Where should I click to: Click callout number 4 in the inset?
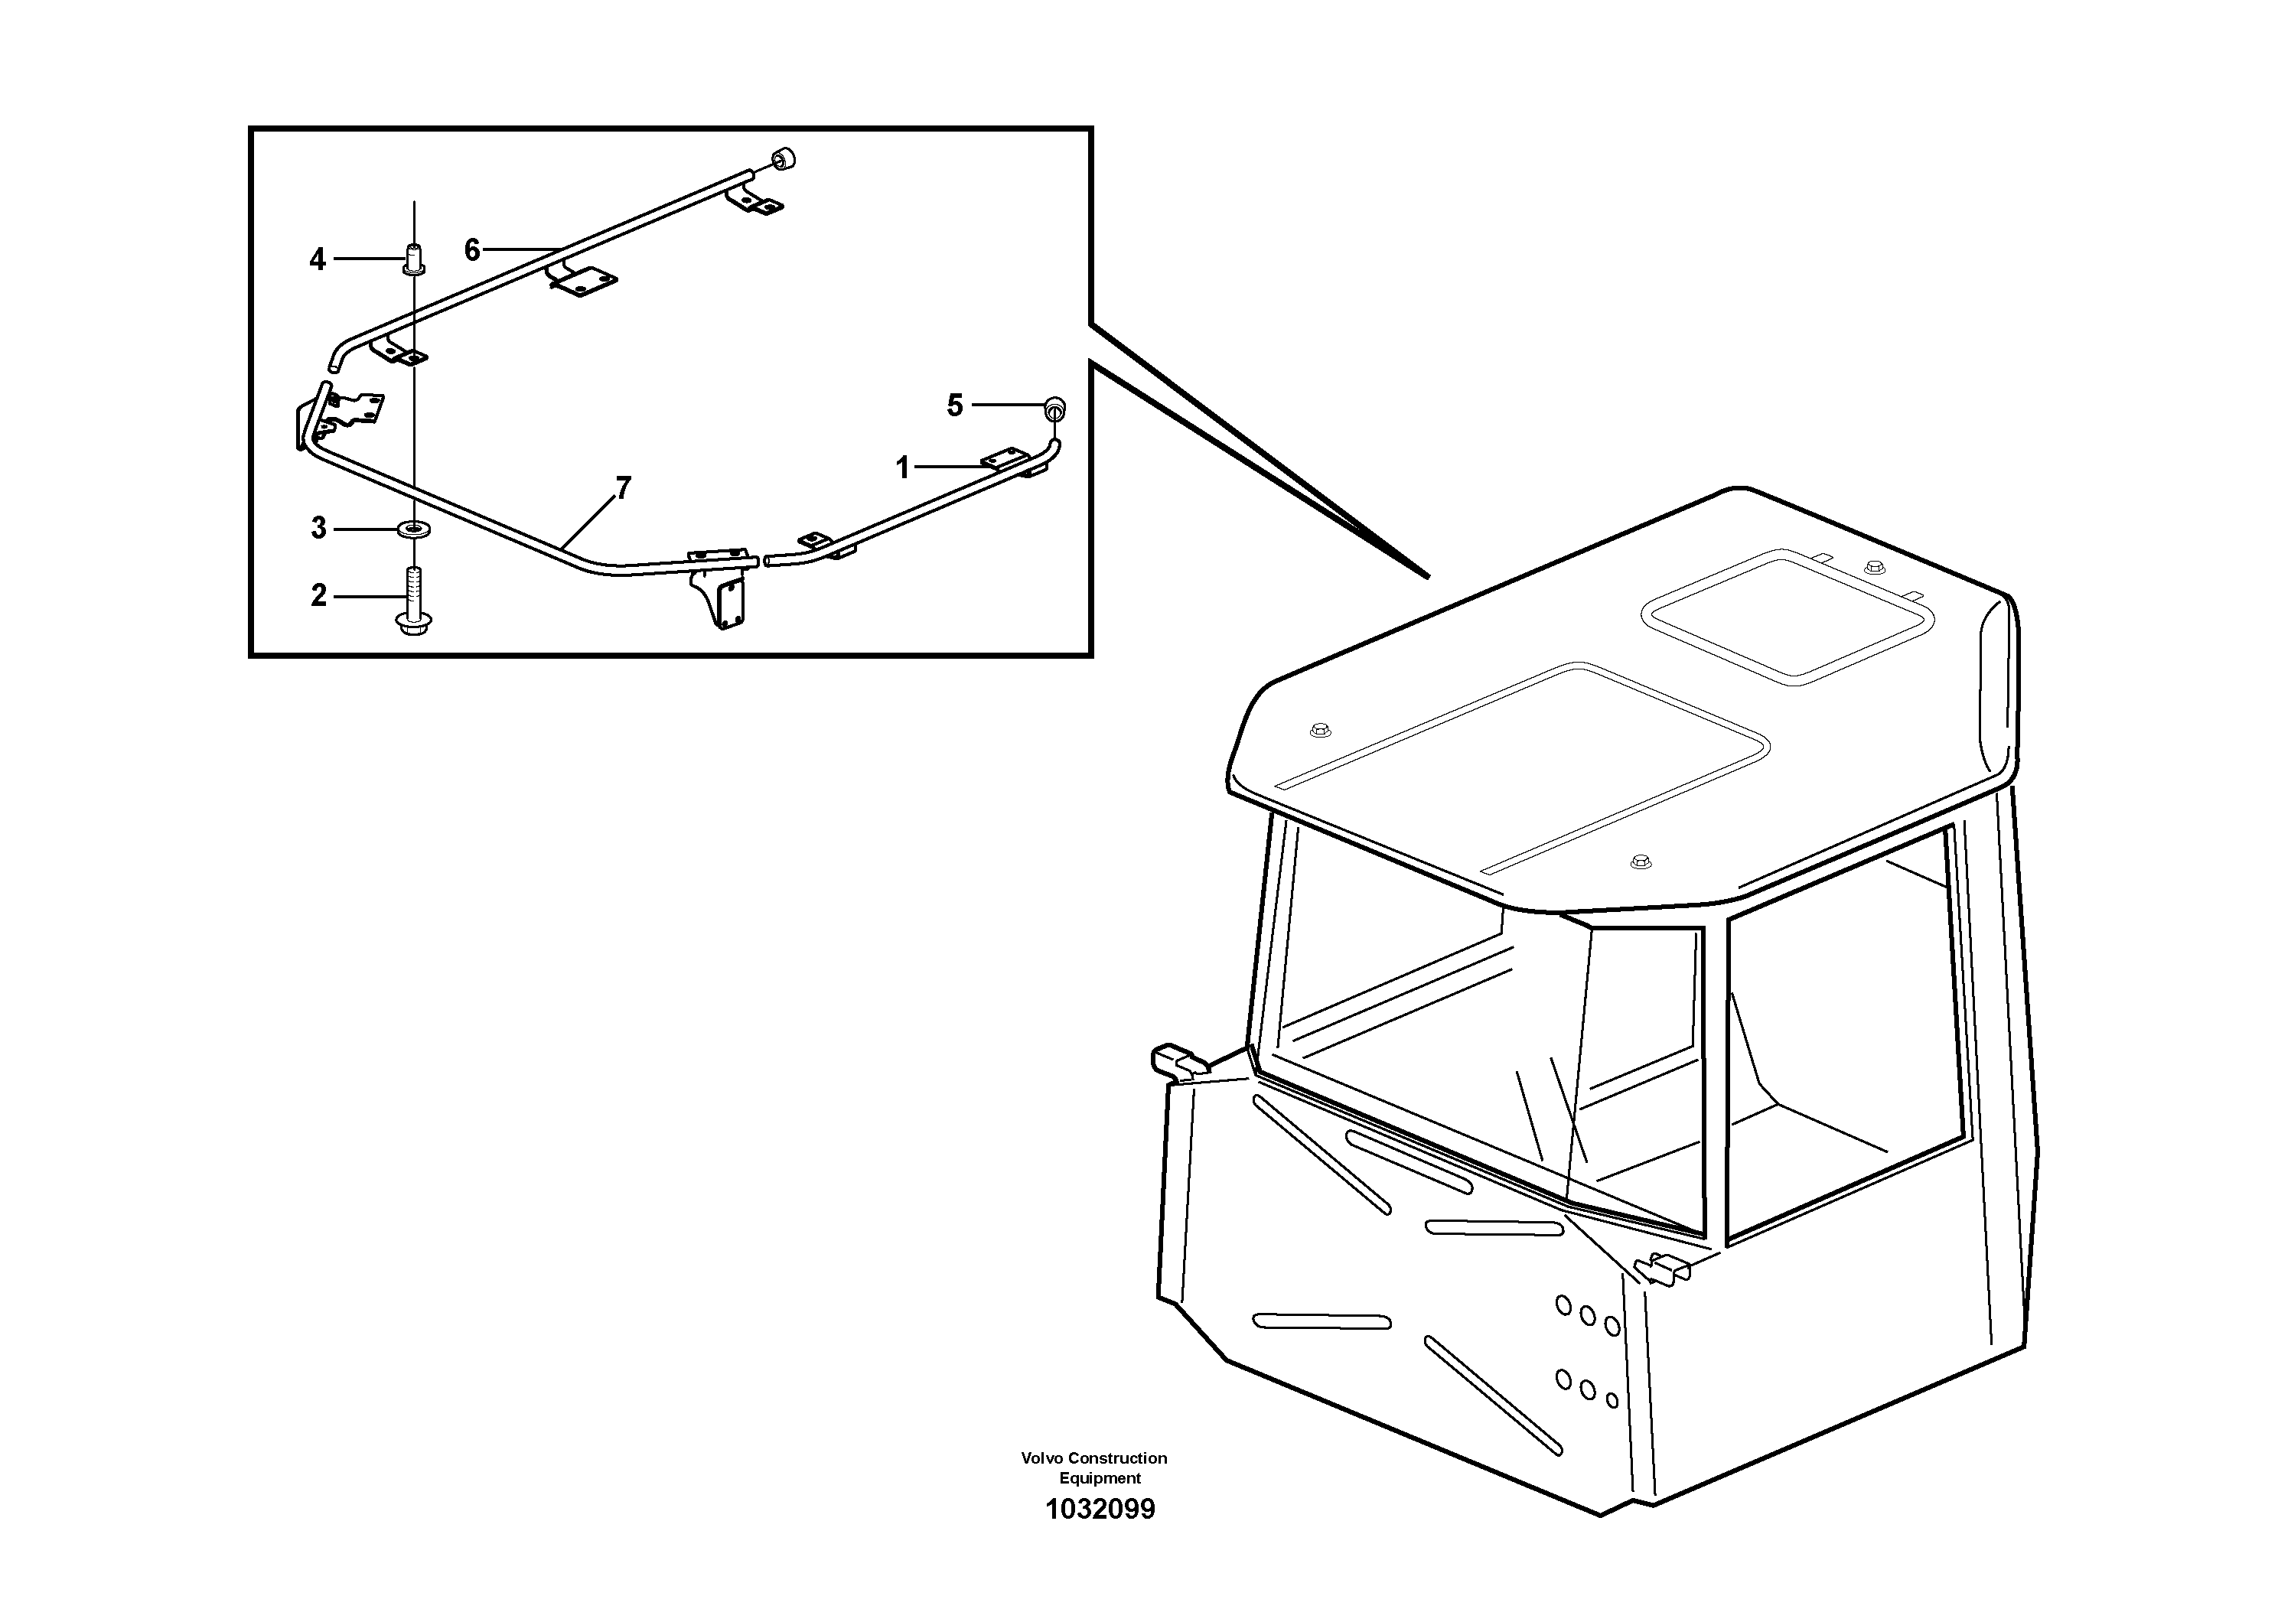[317, 260]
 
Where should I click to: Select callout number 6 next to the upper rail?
[472, 250]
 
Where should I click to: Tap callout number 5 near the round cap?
[954, 405]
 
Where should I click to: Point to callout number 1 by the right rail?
[902, 467]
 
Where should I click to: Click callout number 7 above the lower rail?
[623, 488]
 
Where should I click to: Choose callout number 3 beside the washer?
[318, 528]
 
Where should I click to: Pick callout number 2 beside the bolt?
[318, 595]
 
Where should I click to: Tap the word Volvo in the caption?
[1041, 1458]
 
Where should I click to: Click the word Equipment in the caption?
[1100, 1478]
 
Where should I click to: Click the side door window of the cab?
[1846, 1031]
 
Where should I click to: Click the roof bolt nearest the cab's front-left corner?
[1319, 730]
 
